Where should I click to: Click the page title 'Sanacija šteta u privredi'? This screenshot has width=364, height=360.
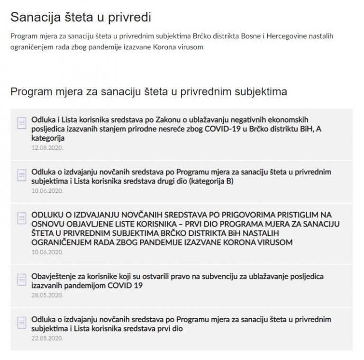point(81,17)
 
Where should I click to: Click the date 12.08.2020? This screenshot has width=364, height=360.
point(47,147)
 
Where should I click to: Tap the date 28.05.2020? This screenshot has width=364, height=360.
point(47,294)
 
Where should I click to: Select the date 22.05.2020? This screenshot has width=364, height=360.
point(47,338)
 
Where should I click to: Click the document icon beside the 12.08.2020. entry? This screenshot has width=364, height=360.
point(22,123)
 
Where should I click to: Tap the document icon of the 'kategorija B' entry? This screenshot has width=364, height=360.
point(22,175)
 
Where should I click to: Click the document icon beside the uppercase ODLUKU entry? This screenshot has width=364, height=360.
point(22,218)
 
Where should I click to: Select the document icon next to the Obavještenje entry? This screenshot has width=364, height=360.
point(22,279)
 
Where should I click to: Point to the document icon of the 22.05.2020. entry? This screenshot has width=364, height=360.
point(22,323)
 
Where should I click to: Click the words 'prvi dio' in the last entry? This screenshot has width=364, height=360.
point(169,328)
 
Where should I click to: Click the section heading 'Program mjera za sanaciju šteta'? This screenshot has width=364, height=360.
point(149,91)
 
